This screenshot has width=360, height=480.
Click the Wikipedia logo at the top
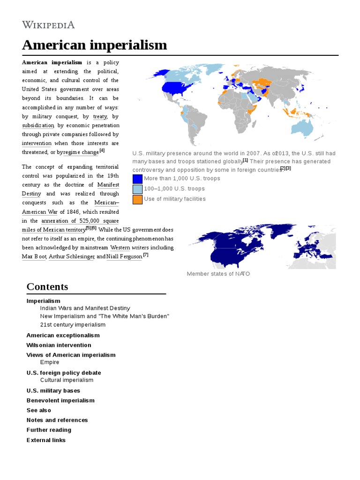(48, 25)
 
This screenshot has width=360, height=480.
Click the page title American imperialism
(95, 45)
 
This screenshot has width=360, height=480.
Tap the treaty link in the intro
(100, 116)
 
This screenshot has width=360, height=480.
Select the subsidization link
(38, 126)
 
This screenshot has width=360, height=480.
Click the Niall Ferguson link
(124, 257)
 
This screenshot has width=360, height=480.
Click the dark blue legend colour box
(137, 179)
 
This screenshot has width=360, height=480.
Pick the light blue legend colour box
(137, 189)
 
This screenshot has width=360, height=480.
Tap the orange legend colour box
(137, 199)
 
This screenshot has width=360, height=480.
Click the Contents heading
(47, 287)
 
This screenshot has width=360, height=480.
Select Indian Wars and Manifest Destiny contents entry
(85, 308)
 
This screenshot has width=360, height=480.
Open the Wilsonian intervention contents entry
(59, 345)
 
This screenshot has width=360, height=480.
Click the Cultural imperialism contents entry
(67, 380)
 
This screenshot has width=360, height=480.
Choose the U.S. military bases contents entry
(53, 390)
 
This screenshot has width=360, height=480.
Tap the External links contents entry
(46, 440)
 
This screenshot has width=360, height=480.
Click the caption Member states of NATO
(218, 274)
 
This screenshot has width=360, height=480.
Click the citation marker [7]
(146, 255)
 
